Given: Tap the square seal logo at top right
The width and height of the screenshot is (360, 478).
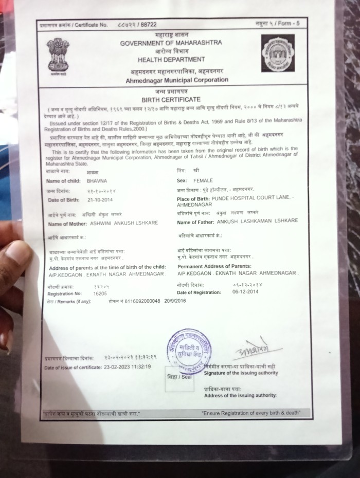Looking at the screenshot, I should tap(278, 53).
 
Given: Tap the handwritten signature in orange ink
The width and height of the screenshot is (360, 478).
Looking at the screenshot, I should tap(249, 350).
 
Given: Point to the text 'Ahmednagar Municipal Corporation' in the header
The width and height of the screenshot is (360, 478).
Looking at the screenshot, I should tap(177, 80).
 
